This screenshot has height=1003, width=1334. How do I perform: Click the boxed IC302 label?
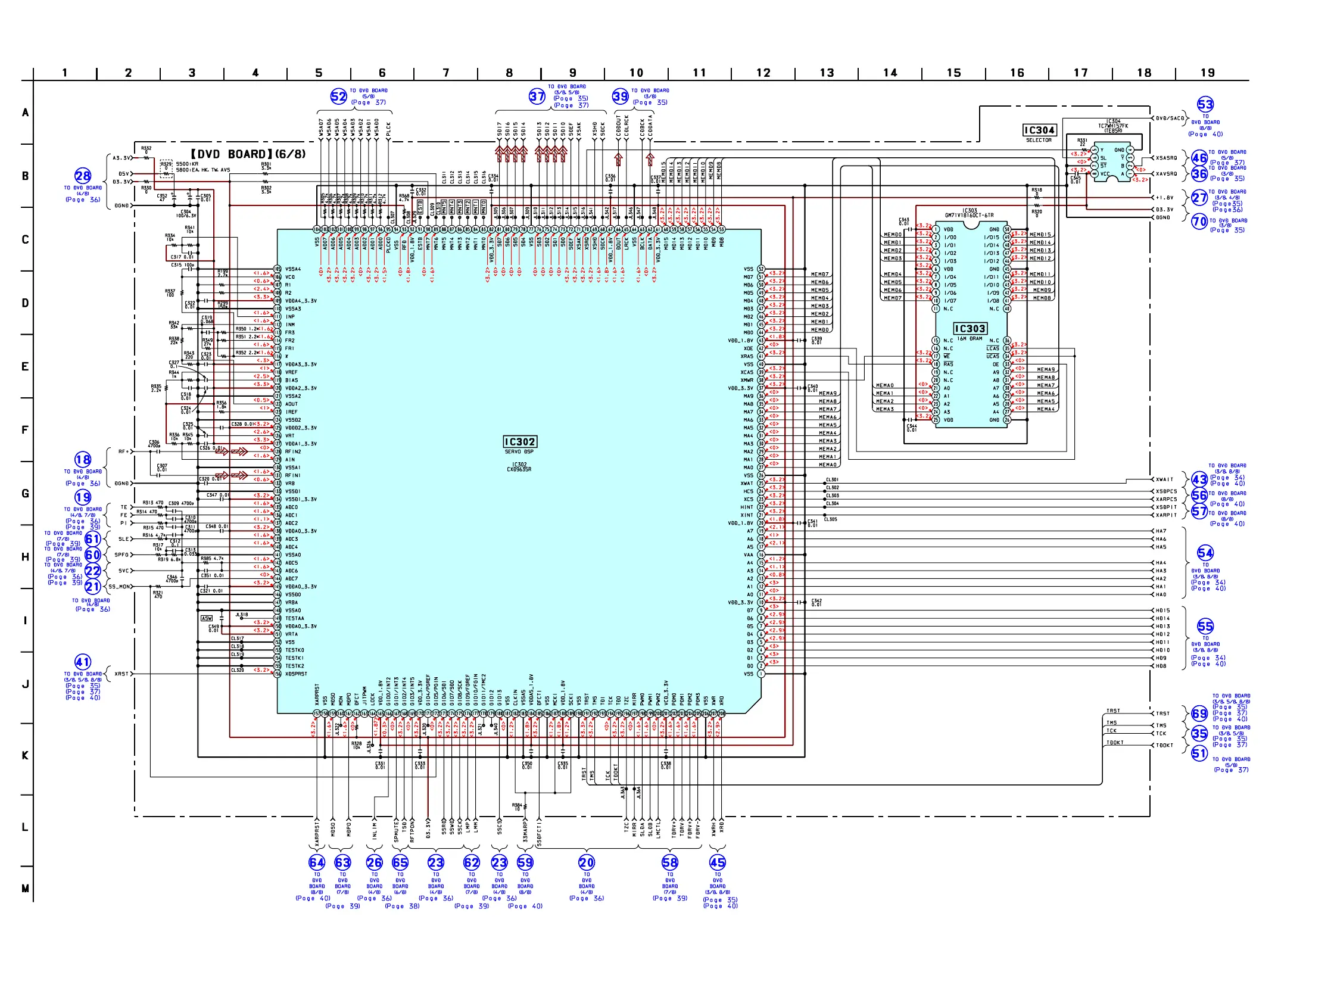pos(519,441)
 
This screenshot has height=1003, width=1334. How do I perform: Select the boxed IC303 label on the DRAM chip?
pos(970,328)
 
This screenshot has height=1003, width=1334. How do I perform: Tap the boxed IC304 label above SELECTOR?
pos(1039,130)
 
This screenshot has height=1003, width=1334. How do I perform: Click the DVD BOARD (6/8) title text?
pos(248,154)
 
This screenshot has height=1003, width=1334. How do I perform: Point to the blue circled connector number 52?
pos(338,96)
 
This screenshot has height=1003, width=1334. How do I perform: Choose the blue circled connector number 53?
pos(1205,104)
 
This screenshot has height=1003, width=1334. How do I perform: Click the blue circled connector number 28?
pos(83,176)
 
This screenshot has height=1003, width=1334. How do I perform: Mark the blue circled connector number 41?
pos(83,662)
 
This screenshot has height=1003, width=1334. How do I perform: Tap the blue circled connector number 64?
pos(317,862)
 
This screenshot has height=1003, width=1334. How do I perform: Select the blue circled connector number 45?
pos(717,862)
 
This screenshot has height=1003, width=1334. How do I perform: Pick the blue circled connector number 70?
pos(1199,222)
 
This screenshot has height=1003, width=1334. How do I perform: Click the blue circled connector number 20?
pos(586,862)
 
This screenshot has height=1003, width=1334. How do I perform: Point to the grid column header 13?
pos(826,73)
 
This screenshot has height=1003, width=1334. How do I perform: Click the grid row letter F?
pos(25,430)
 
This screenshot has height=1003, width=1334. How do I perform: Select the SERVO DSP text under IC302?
pos(519,451)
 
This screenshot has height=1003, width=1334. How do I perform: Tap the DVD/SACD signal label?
pos(1171,118)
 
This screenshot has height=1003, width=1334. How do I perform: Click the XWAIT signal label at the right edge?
pos(1164,479)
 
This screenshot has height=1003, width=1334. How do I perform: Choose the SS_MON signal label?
pos(120,586)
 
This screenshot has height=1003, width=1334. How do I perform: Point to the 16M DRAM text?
pos(970,339)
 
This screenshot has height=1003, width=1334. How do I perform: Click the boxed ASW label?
pos(206,618)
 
